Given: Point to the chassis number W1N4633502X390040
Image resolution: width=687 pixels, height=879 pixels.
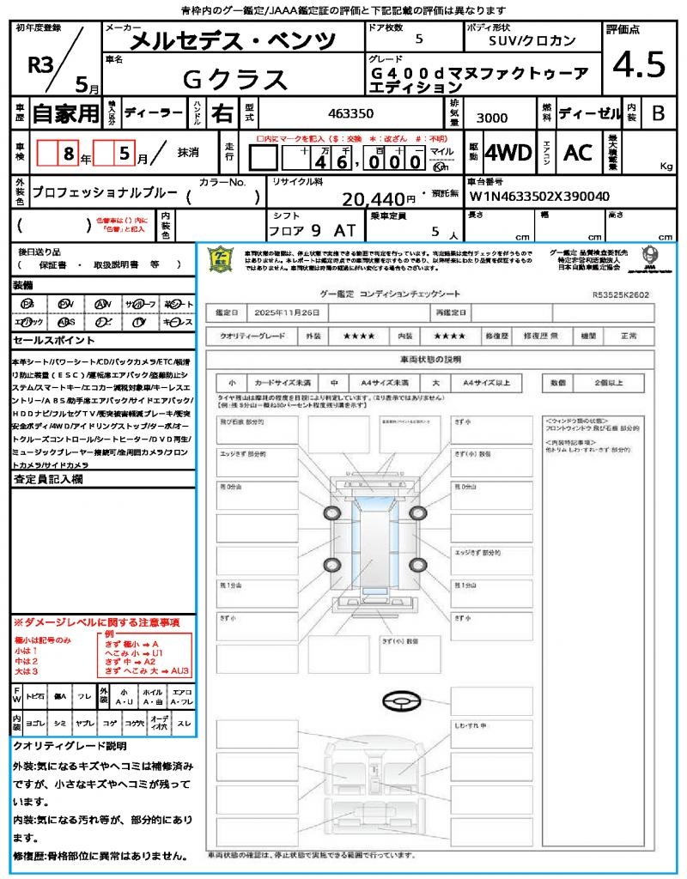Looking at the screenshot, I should point(539,197).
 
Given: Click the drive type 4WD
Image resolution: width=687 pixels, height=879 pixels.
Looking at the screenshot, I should point(508,153).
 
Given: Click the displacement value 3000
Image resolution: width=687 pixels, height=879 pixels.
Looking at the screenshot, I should point(491,118).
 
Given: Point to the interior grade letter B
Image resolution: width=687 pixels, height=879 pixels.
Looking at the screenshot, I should point(658,112).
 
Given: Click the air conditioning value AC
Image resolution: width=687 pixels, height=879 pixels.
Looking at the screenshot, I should point(577,153).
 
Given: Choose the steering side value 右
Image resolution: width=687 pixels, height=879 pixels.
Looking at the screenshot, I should point(222,112).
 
